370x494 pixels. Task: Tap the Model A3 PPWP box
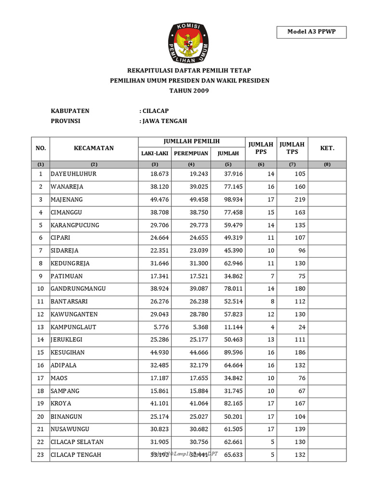tap(311, 32)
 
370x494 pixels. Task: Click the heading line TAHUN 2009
tap(189, 90)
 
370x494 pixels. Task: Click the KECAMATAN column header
tap(94, 148)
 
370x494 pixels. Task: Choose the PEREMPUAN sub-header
tap(191, 153)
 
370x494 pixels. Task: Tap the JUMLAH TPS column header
tap(292, 148)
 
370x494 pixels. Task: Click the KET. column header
tap(327, 148)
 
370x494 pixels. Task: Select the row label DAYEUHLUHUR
tap(73, 174)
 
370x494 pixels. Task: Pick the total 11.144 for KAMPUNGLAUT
tap(228, 327)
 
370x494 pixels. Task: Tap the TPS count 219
tap(299, 199)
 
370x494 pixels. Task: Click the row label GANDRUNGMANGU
tap(78, 288)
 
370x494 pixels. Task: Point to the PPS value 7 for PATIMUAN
tap(273, 276)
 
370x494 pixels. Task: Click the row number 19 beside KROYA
tap(41, 403)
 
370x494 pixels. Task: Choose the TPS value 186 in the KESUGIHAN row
tap(299, 353)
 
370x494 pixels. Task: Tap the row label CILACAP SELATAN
tap(77, 442)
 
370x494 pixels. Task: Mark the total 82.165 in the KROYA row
tap(228, 403)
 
